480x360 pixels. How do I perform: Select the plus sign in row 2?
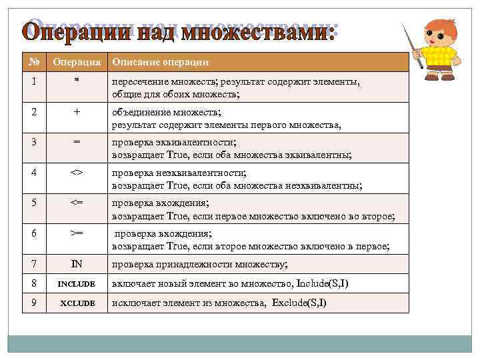(77, 113)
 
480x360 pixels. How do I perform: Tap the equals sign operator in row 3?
(77, 143)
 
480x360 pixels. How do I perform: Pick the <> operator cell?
(77, 173)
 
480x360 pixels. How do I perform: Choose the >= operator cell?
(77, 235)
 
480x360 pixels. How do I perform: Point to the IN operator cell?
(77, 265)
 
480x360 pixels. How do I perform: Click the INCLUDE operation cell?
(77, 284)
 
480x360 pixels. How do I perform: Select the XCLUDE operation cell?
(77, 303)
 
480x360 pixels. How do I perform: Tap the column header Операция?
(77, 63)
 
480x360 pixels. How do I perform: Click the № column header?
(33, 62)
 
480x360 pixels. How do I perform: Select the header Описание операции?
(160, 63)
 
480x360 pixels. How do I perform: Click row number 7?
(33, 265)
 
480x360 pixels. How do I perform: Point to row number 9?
(33, 303)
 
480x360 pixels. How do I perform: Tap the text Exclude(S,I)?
(299, 303)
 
